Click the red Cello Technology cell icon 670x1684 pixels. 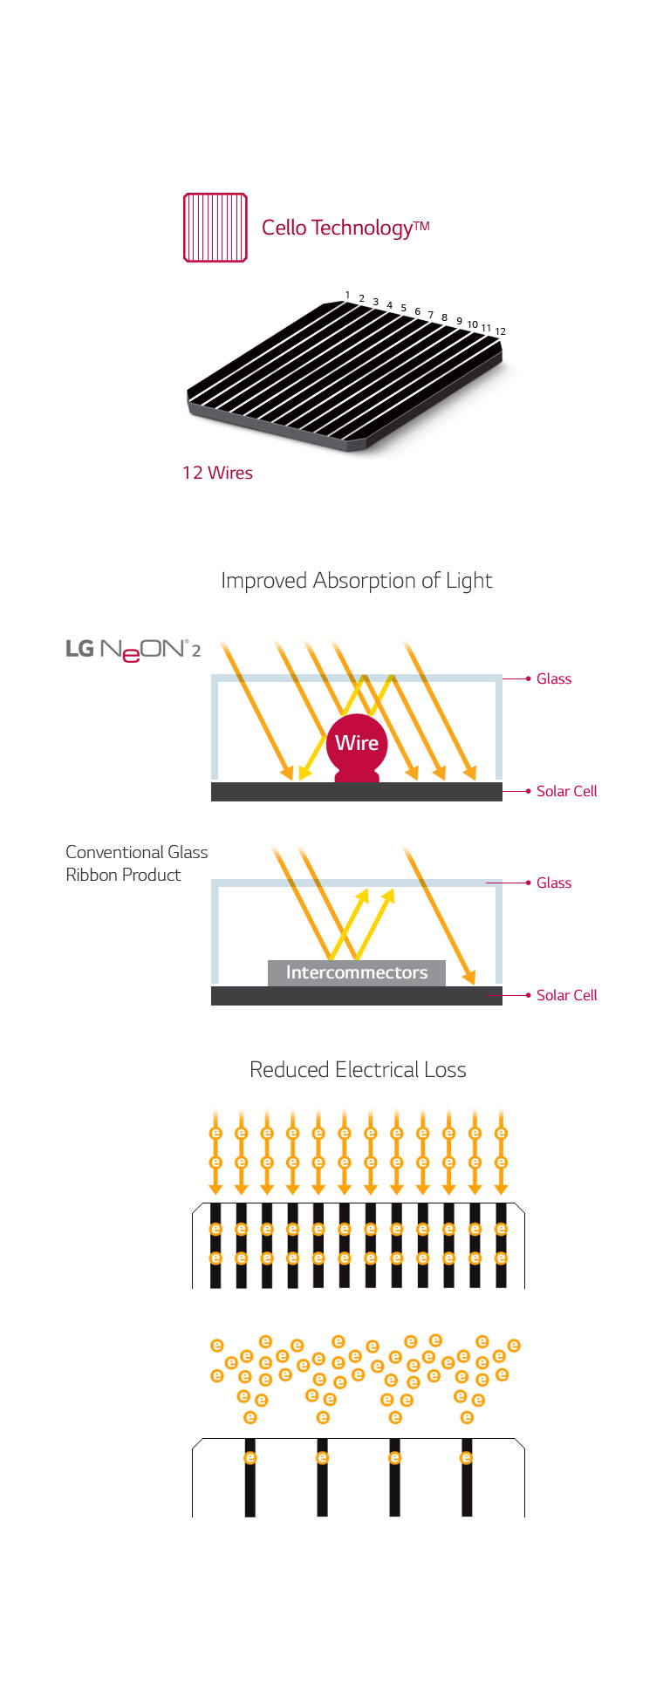[215, 228]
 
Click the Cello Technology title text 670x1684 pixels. [345, 228]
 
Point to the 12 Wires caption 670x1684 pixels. [217, 473]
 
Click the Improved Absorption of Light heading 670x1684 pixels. [356, 581]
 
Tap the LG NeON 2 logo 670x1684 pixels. [133, 650]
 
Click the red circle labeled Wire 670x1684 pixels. [357, 743]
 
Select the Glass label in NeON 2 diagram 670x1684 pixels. [553, 678]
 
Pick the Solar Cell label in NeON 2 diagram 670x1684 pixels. [566, 791]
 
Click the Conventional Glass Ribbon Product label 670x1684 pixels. [136, 863]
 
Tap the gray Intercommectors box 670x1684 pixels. [356, 972]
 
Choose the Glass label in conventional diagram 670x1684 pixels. [553, 883]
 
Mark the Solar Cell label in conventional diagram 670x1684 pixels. [566, 995]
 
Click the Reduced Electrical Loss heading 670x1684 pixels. [358, 1070]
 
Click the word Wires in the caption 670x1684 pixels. [229, 473]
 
